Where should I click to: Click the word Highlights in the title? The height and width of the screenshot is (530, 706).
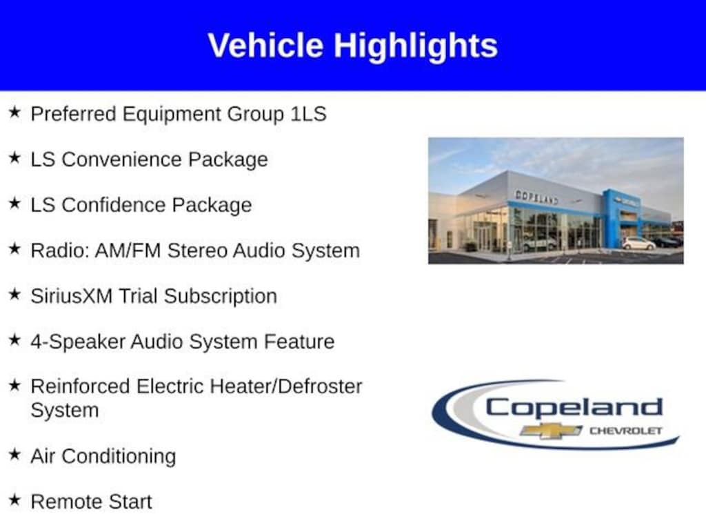(x=416, y=46)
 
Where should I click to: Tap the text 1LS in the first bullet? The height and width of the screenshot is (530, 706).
(x=308, y=114)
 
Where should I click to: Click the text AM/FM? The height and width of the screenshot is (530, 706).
(x=128, y=251)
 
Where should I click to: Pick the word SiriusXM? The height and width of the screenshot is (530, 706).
(x=72, y=296)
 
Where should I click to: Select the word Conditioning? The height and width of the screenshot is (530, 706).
(x=119, y=456)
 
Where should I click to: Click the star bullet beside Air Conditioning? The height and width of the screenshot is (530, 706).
(x=15, y=454)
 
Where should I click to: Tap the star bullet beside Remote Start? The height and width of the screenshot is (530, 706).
(x=15, y=500)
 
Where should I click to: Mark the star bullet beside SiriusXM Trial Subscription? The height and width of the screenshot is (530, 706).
(x=15, y=294)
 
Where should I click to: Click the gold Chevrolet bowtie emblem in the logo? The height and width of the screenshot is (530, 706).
(x=551, y=431)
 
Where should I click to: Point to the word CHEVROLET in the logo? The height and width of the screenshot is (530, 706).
(x=626, y=431)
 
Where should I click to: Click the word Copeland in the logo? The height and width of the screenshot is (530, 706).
(x=574, y=409)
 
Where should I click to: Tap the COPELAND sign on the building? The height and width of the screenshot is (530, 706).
(x=536, y=197)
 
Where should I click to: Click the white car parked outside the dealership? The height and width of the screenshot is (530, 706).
(x=638, y=244)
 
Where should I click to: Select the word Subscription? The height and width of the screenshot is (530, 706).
(x=221, y=297)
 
